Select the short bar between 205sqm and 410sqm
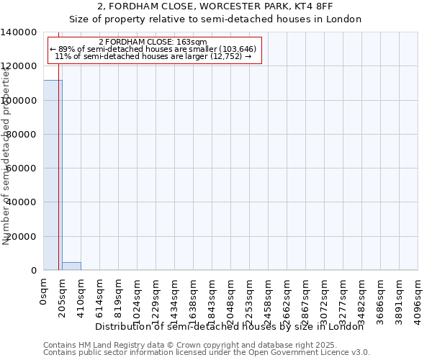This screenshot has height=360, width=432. click(71, 266)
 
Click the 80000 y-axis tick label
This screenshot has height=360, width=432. click(22, 135)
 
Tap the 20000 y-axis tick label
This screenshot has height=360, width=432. click(22, 236)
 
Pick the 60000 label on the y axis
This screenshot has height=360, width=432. click(22, 168)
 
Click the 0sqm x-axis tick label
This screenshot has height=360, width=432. click(44, 293)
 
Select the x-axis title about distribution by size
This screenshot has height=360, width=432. click(230, 327)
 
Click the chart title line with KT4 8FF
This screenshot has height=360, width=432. click(215, 6)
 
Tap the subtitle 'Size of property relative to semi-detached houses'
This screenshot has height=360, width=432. click(215, 19)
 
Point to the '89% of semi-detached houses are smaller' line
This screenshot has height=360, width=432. click(153, 49)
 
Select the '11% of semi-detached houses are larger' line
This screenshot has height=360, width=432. click(153, 56)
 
